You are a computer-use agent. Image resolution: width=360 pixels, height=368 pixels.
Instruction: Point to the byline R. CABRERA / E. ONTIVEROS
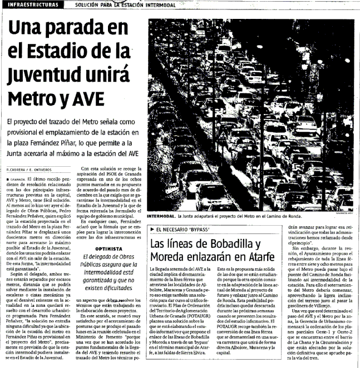click(28, 169)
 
